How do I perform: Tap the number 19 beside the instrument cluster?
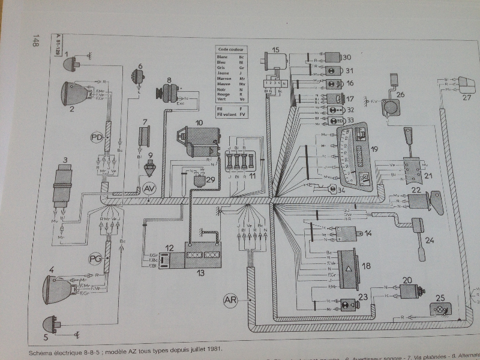(374, 151)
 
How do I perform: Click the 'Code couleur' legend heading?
(231, 51)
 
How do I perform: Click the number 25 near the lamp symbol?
(440, 298)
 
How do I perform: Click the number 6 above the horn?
(141, 66)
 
